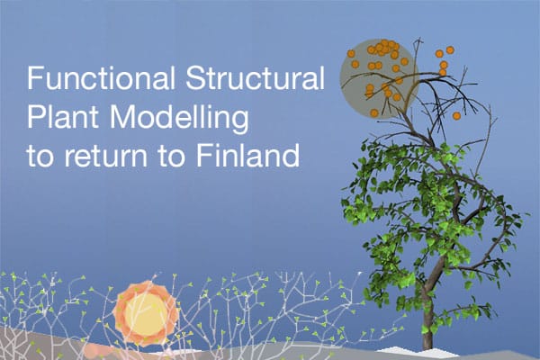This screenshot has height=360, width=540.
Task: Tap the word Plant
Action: (59, 118)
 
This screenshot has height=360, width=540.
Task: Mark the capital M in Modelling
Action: (112, 118)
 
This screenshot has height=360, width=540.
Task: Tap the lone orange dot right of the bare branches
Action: (457, 115)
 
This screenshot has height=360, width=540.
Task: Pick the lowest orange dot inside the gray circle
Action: (374, 112)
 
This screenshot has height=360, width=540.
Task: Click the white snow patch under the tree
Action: (396, 346)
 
